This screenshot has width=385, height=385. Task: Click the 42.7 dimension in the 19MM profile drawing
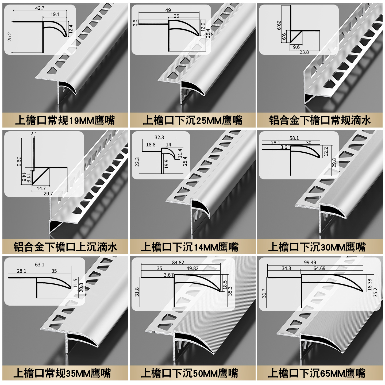pyautogui.click(x=40, y=8)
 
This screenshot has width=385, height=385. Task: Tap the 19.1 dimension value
pyautogui.click(x=55, y=14)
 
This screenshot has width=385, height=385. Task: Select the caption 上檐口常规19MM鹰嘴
pyautogui.click(x=65, y=120)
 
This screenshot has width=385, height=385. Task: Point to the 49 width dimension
pyautogui.click(x=168, y=10)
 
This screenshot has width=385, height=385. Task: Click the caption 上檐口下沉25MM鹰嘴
pyautogui.click(x=192, y=120)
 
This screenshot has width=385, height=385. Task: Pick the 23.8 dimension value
pyautogui.click(x=304, y=52)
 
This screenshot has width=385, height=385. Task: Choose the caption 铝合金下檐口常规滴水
pyautogui.click(x=320, y=120)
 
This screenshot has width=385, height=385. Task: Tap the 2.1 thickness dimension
pyautogui.click(x=34, y=134)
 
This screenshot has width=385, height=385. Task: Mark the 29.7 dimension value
pyautogui.click(x=48, y=194)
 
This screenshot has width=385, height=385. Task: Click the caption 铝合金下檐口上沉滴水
pyautogui.click(x=65, y=247)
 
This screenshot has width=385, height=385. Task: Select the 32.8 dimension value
pyautogui.click(x=159, y=137)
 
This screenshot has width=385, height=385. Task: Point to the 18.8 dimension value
pyautogui.click(x=151, y=144)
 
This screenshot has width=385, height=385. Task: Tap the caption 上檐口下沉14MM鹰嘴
pyautogui.click(x=190, y=247)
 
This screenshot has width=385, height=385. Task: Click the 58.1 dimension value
pyautogui.click(x=294, y=138)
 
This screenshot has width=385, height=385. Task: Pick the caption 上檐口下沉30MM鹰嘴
pyautogui.click(x=317, y=247)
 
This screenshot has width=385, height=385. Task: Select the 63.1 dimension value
pyautogui.click(x=40, y=265)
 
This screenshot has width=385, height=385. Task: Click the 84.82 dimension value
pyautogui.click(x=178, y=263)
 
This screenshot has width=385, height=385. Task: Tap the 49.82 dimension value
pyautogui.click(x=192, y=268)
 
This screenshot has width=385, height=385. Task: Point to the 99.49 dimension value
pyautogui.click(x=310, y=263)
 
